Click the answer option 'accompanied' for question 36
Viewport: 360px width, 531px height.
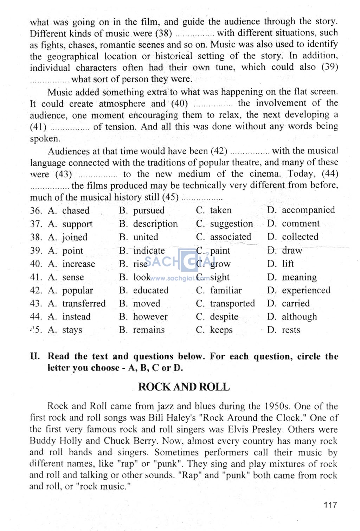pyautogui.click(x=308, y=210)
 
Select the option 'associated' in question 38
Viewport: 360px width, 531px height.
pyautogui.click(x=231, y=237)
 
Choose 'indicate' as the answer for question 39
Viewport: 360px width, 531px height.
pyautogui.click(x=149, y=251)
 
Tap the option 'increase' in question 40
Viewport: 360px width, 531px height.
pyautogui.click(x=78, y=264)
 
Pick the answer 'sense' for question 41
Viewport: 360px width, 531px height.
pyautogui.click(x=73, y=277)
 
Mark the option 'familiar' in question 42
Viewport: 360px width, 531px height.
pyautogui.click(x=226, y=290)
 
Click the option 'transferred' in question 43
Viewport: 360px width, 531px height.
pyautogui.click(x=84, y=303)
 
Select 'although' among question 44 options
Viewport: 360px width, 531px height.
pyautogui.click(x=299, y=317)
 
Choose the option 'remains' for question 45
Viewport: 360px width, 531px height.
pyautogui.click(x=149, y=330)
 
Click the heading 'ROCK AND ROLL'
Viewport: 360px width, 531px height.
pyautogui.click(x=184, y=387)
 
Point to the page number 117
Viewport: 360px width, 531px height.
pyautogui.click(x=330, y=505)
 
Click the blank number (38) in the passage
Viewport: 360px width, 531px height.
pyautogui.click(x=163, y=33)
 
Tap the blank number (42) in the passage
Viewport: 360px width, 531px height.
pyautogui.click(x=219, y=151)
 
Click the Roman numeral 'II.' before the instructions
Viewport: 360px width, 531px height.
pyautogui.click(x=35, y=356)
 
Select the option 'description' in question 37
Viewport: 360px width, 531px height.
pyautogui.click(x=155, y=224)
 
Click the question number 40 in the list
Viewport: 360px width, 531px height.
pyautogui.click(x=36, y=264)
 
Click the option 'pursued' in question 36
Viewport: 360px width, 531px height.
pyautogui.click(x=149, y=210)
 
